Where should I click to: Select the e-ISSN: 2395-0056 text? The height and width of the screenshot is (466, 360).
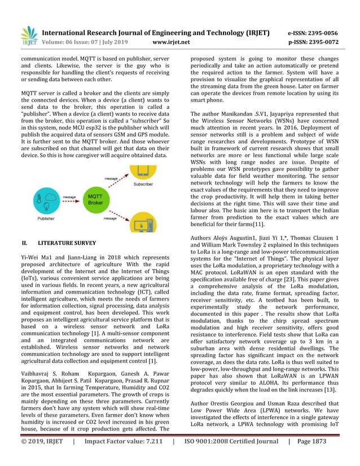coord(314,33)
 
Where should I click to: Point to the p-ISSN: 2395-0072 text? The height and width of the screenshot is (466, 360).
coord(314,42)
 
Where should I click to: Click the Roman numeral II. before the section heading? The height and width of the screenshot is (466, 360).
coord(24,243)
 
